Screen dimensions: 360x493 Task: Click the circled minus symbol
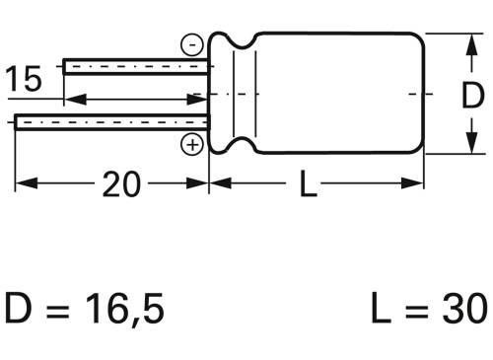[191, 44]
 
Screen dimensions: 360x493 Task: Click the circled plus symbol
[192, 146]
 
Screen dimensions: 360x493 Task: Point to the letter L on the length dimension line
[308, 183]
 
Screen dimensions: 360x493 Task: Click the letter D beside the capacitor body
[472, 95]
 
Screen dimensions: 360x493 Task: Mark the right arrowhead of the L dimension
[416, 183]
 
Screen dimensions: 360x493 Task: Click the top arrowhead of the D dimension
[466, 41]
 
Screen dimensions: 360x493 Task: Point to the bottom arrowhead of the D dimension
[466, 147]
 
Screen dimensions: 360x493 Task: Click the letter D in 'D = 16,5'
[21, 310]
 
